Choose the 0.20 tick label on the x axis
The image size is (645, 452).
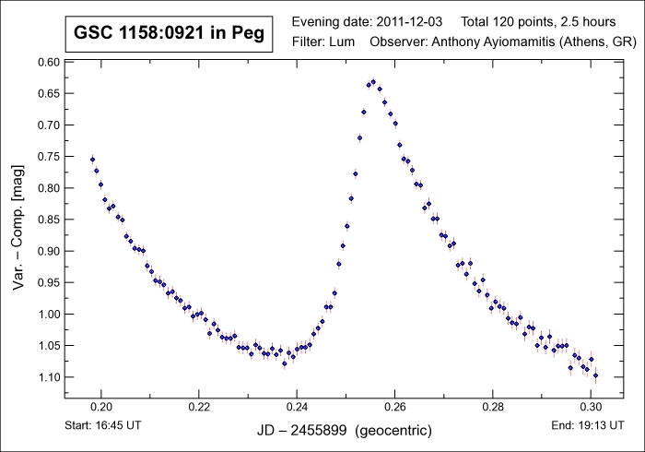click(101, 405)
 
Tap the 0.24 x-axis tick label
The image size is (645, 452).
click(297, 405)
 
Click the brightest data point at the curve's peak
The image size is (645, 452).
click(373, 81)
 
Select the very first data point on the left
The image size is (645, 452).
click(92, 160)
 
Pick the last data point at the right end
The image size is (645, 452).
click(596, 375)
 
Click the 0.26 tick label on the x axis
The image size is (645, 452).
click(394, 405)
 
